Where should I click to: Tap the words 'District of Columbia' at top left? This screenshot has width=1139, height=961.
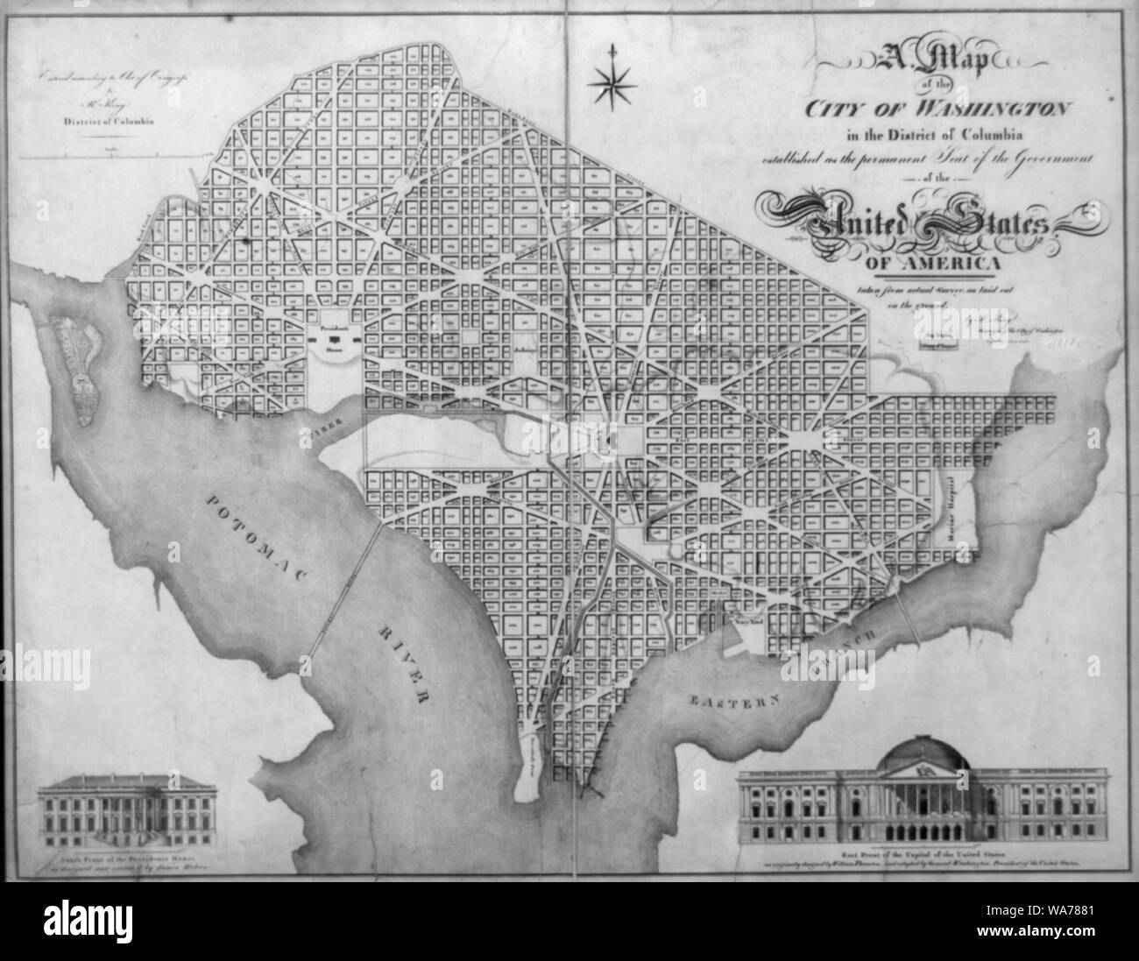104,122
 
